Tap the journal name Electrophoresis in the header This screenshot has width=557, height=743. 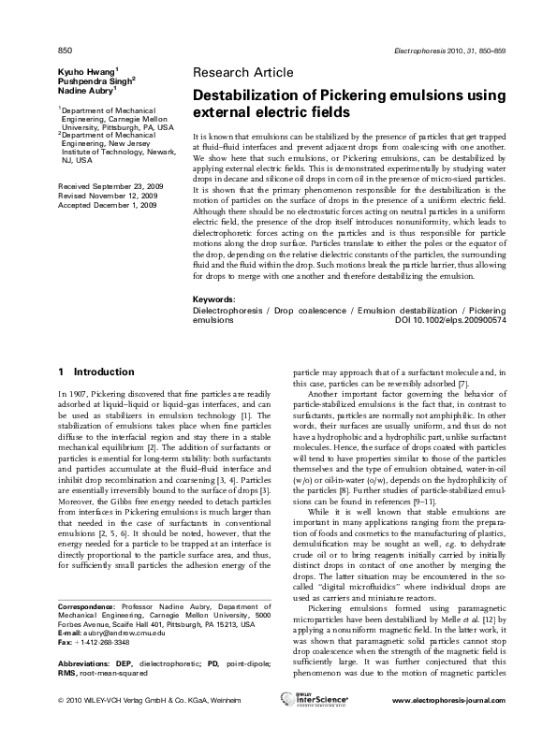coord(432,49)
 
